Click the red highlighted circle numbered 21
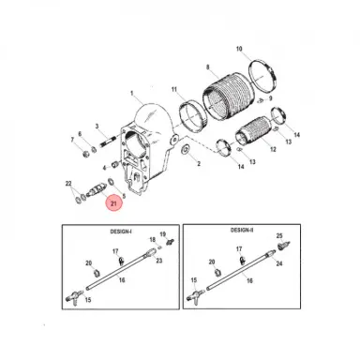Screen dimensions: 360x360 pyautogui.click(x=113, y=203)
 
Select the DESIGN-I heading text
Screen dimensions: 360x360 pyautogui.click(x=121, y=232)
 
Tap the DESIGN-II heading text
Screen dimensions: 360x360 pyautogui.click(x=242, y=230)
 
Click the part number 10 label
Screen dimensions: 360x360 pyautogui.click(x=239, y=49)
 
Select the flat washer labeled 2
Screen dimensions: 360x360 pyautogui.click(x=185, y=149)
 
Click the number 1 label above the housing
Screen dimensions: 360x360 pyautogui.click(x=132, y=93)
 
